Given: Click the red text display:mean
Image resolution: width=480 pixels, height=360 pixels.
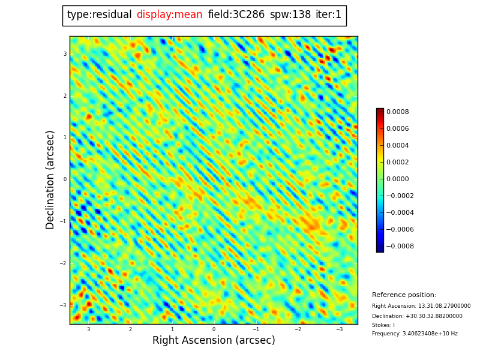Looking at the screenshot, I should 169,15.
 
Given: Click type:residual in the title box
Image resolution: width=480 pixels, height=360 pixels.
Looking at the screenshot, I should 99,15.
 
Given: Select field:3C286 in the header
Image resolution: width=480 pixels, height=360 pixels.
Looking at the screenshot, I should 236,15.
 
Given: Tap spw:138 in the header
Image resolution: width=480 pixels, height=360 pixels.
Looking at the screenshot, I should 290,15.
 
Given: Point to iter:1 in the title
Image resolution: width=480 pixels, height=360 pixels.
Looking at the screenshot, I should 329,15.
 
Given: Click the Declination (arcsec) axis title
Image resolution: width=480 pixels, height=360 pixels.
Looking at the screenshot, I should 51,179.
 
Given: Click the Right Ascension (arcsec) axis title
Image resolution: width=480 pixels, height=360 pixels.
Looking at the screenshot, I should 214,341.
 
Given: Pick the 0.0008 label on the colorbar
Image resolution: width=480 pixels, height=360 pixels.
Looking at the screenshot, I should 397,112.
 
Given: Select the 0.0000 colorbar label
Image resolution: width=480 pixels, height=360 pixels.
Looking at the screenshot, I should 397,179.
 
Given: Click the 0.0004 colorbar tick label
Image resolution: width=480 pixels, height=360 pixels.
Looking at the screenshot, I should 397,145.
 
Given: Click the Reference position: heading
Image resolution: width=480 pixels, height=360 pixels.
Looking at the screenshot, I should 404,295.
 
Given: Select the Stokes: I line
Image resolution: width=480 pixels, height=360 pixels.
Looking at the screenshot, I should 383,325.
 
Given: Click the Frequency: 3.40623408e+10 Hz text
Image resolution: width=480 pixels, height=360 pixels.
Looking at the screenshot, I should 415,334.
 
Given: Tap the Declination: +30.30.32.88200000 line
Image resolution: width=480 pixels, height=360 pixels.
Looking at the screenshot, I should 417,316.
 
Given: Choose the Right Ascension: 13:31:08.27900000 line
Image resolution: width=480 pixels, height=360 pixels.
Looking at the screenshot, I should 421,306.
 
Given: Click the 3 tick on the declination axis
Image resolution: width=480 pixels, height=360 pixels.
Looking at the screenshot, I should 65,54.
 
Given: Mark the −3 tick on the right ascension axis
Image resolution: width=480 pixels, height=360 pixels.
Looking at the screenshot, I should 339,329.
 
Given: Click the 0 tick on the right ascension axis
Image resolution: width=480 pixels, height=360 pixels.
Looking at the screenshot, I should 214,329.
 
